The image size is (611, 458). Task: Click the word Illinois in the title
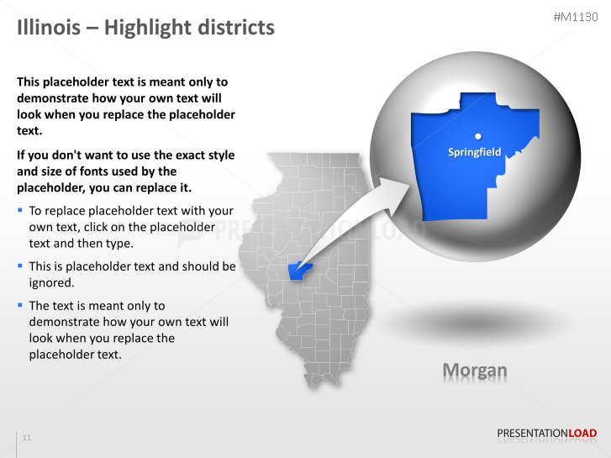(46, 28)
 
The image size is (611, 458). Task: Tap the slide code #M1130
(576, 18)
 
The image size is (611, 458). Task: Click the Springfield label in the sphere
(474, 152)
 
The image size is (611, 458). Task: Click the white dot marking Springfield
(477, 134)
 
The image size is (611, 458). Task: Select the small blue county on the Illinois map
(298, 271)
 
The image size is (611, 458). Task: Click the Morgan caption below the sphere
(475, 370)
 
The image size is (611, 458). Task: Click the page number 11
(27, 438)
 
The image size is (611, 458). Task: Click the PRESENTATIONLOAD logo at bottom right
(546, 434)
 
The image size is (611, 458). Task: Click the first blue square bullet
(20, 210)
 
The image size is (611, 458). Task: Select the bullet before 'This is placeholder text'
(20, 266)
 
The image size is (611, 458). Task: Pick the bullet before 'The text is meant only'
(20, 305)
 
